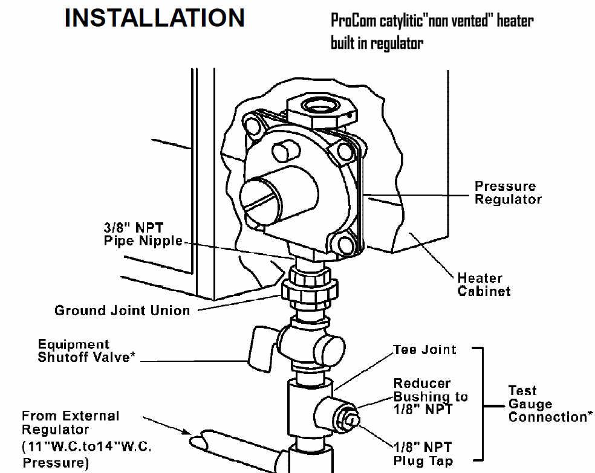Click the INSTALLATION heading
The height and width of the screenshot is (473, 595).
(x=154, y=18)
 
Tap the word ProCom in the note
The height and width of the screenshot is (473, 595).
(x=353, y=20)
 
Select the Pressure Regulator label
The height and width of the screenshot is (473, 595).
(x=507, y=193)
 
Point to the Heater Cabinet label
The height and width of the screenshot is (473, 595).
(x=483, y=285)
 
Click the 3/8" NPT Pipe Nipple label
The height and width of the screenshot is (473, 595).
(x=142, y=234)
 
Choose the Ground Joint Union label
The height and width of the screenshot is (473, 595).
(x=122, y=311)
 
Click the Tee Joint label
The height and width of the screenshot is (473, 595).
(x=424, y=350)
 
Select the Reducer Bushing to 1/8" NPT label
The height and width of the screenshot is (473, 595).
(x=431, y=396)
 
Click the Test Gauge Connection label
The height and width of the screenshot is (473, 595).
(x=547, y=404)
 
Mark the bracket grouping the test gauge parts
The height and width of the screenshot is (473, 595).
(x=483, y=404)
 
